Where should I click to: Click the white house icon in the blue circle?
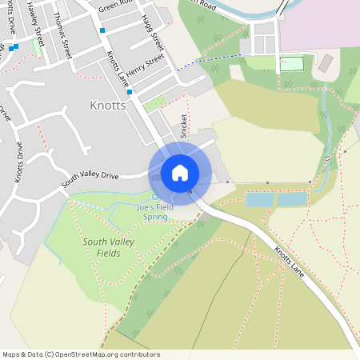180,172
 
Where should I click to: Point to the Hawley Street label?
36,19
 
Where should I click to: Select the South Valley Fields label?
102,247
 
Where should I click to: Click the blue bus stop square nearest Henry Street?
129,91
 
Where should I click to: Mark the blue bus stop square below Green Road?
102,30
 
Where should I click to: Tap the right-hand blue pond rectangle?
293,198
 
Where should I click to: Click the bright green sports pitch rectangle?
293,63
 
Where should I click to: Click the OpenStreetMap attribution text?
82,354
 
